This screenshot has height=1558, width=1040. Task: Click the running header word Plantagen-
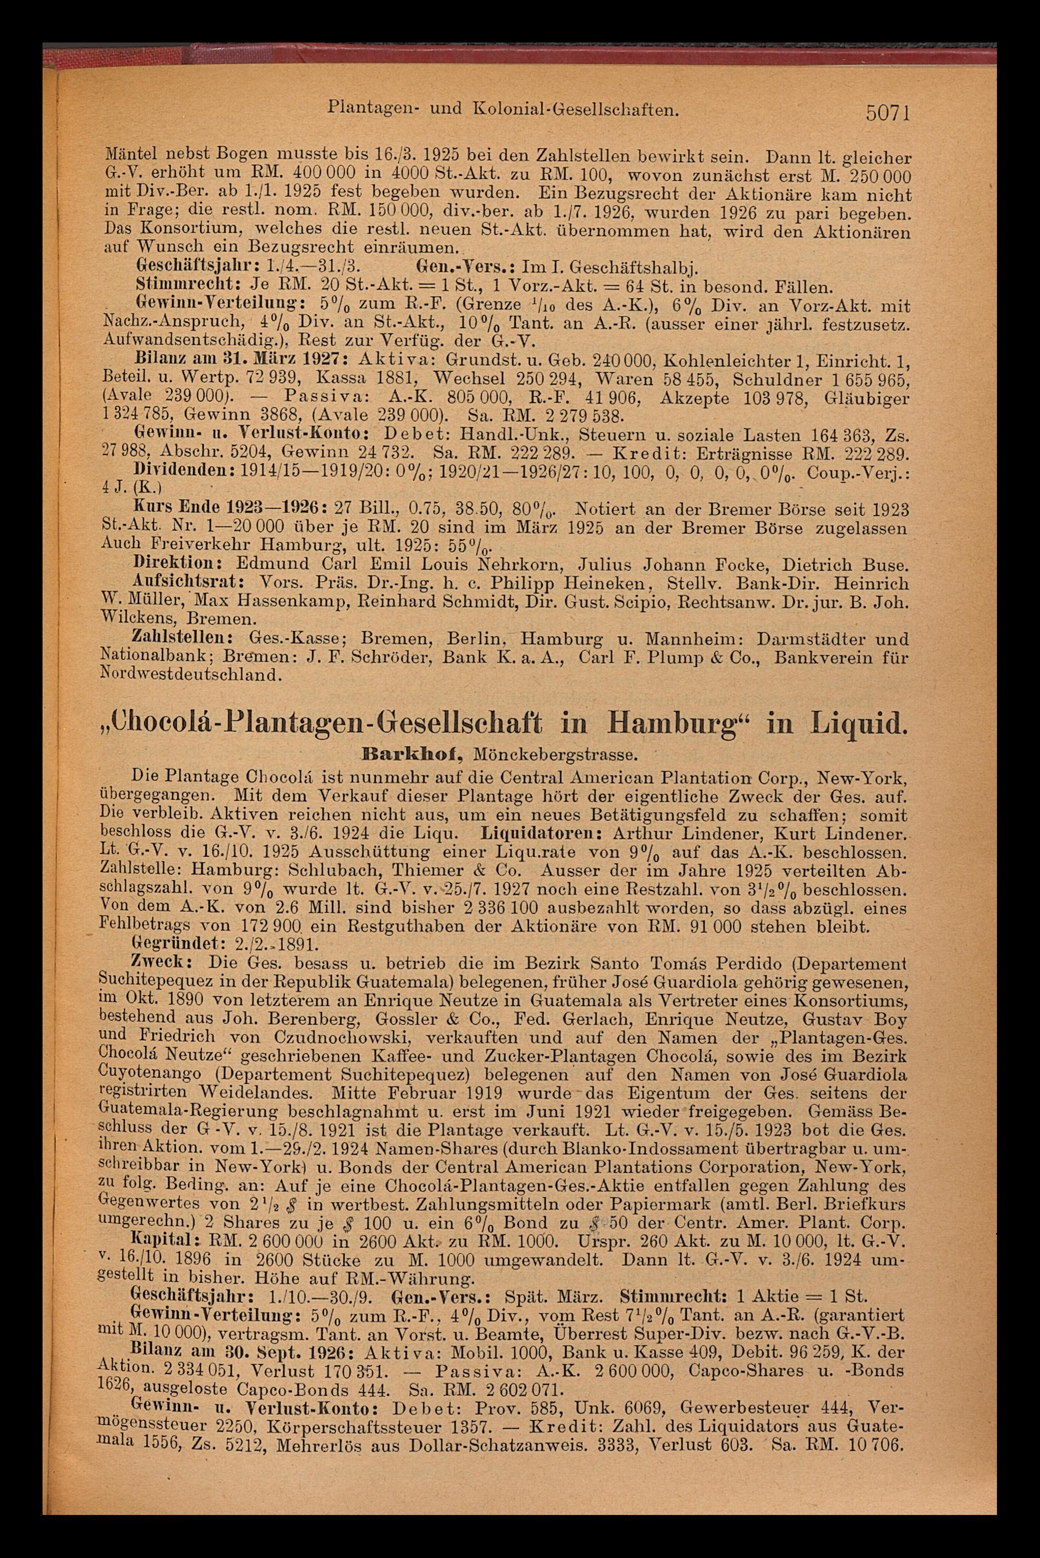tap(362, 108)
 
